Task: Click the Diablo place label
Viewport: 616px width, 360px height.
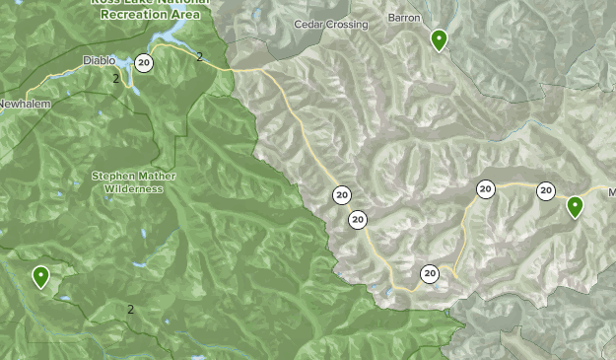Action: tap(99, 59)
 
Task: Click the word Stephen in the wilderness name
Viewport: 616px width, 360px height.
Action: tap(111, 176)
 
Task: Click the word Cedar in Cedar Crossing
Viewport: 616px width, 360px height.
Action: tap(310, 24)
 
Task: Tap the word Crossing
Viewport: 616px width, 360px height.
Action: tap(348, 24)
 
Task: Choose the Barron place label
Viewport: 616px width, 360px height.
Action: tap(404, 18)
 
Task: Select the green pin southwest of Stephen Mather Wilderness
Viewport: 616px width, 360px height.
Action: tap(40, 276)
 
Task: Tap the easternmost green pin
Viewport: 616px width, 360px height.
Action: tap(574, 207)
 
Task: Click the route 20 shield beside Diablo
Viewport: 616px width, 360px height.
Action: tap(145, 63)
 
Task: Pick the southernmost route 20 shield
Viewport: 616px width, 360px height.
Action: tap(430, 273)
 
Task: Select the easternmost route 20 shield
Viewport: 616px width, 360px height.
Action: tap(546, 191)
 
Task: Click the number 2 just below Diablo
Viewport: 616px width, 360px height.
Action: tap(115, 79)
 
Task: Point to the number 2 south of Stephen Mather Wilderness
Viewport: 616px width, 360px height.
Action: tap(130, 310)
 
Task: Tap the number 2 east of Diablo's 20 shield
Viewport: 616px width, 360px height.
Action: tap(199, 56)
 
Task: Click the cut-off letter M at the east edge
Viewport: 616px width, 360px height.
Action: tap(611, 191)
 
